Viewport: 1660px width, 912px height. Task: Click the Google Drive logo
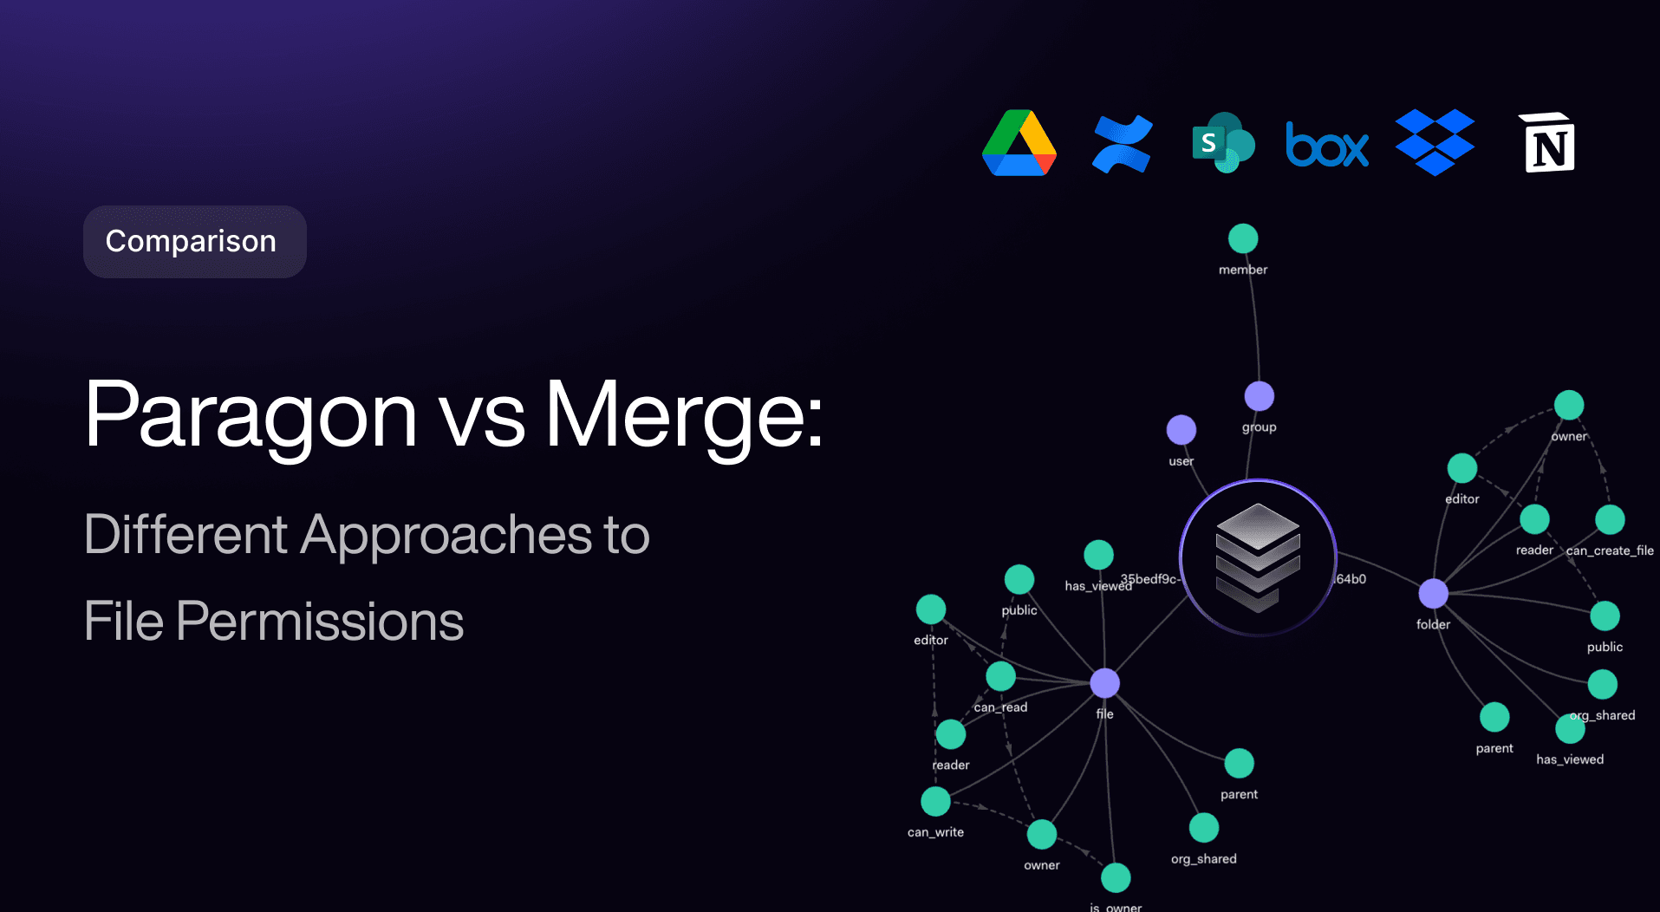(1019, 144)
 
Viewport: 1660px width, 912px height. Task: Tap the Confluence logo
(1123, 144)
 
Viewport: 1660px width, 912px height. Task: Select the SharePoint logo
(1223, 143)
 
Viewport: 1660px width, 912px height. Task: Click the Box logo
(1327, 146)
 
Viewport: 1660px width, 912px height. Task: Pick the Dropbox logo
(1435, 142)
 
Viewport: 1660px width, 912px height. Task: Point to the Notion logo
(1549, 143)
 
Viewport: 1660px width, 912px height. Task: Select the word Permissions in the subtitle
(320, 622)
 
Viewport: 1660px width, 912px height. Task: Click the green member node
(1243, 238)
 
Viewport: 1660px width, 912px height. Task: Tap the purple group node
(1259, 396)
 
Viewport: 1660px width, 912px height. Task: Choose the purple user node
(1181, 429)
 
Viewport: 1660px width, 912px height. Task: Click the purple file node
(1104, 683)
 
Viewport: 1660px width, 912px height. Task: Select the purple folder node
(1433, 594)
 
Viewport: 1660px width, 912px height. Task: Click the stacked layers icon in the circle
(1258, 557)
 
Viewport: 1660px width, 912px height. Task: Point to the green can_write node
(935, 801)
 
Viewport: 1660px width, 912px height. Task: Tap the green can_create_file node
(1610, 519)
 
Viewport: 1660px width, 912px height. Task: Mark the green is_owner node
(1116, 877)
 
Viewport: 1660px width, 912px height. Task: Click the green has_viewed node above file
(1098, 555)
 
